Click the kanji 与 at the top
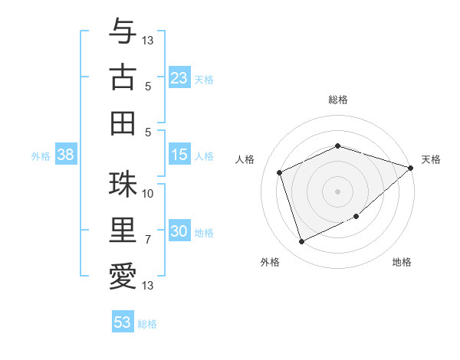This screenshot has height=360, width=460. coord(123,31)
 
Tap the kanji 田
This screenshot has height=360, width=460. coord(123,122)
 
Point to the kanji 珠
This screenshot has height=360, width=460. coord(123,184)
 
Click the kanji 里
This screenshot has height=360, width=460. coord(123,230)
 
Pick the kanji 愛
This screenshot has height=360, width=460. coord(123,276)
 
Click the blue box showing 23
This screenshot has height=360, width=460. coord(179,78)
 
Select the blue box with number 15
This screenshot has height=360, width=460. coord(179,155)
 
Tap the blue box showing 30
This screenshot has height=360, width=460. coord(179,232)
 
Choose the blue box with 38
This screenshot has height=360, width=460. coord(65,155)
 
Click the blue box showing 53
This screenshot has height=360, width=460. coord(122,322)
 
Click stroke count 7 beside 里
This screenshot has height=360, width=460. coord(148,240)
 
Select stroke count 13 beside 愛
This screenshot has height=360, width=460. coord(148,286)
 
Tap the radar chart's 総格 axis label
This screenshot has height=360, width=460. coord(337,100)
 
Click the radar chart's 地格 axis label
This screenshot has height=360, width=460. coord(402,263)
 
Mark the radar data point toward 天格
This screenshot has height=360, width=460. coord(411,168)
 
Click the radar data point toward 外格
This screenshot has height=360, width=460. coord(301,242)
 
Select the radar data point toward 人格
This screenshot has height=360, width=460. coord(280,172)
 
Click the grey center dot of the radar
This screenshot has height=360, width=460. coord(337,191)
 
